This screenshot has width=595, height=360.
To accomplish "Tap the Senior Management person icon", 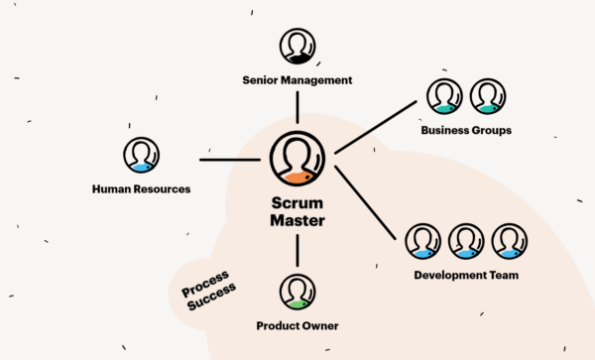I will [x=297, y=47].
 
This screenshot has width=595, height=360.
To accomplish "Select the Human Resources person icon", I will [x=141, y=156].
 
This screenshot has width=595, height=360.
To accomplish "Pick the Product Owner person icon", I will [x=297, y=291].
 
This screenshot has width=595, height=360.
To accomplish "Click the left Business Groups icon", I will [x=443, y=97].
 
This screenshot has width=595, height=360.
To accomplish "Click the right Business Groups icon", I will [x=487, y=97].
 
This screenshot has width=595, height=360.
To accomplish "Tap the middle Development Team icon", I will [x=465, y=241].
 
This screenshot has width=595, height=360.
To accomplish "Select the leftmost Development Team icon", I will [x=422, y=241].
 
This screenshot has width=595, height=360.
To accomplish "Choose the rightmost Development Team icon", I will [x=509, y=241].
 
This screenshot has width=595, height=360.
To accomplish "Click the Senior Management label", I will [x=297, y=79].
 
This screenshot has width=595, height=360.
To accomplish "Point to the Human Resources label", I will [x=141, y=188].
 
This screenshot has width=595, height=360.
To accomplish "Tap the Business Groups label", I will [x=465, y=130].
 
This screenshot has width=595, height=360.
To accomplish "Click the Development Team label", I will [x=465, y=275].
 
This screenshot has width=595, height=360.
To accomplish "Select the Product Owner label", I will [x=297, y=325].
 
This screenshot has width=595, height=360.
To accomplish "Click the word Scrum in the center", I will [x=297, y=202].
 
